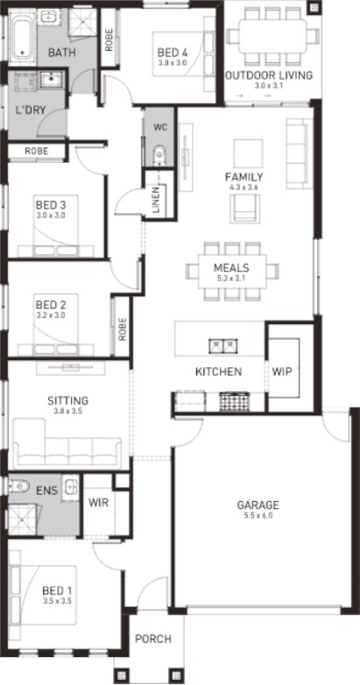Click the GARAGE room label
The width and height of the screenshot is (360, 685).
pyautogui.click(x=258, y=505)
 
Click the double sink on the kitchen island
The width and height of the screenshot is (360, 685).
pyautogui.click(x=222, y=346)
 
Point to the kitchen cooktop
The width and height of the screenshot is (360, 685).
pyautogui.click(x=234, y=401)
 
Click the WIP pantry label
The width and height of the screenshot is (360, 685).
pyautogui.click(x=282, y=371)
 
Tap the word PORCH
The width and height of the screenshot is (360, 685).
pyautogui.click(x=153, y=639)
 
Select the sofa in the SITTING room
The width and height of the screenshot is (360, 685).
pyautogui.click(x=67, y=443)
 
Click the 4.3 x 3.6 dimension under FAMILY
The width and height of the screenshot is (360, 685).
pyautogui.click(x=244, y=187)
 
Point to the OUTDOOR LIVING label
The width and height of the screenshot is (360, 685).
pyautogui.click(x=269, y=75)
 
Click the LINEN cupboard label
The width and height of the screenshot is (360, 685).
pyautogui.click(x=157, y=200)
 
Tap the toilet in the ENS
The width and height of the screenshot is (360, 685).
pyautogui.click(x=18, y=486)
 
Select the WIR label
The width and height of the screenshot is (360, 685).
pyautogui.click(x=98, y=503)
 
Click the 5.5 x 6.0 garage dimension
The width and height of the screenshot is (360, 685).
pyautogui.click(x=258, y=515)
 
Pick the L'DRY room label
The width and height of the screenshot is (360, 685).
pyautogui.click(x=30, y=109)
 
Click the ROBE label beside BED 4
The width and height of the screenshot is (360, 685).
pyautogui.click(x=109, y=39)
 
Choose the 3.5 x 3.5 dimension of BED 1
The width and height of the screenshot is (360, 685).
pyautogui.click(x=57, y=601)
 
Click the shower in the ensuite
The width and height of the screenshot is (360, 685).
pyautogui.click(x=22, y=519)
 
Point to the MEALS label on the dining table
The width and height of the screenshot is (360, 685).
pyautogui.click(x=231, y=267)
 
